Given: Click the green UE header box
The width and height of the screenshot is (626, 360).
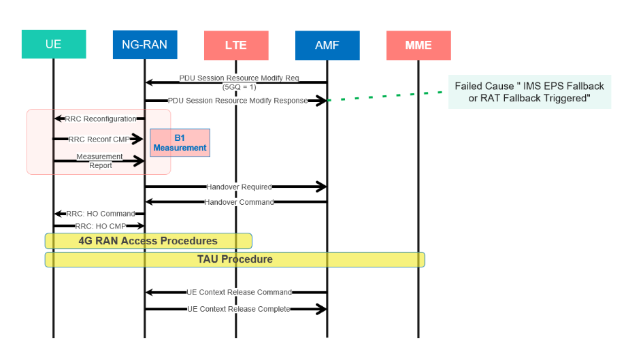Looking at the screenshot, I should tap(54, 45).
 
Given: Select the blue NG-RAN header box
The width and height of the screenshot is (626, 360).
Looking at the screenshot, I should tap(145, 45).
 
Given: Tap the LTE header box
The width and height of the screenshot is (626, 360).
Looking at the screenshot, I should tap(236, 46).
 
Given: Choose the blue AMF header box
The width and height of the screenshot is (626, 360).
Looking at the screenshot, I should tap(327, 46).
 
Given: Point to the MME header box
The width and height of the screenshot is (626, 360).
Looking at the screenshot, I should tap(418, 46).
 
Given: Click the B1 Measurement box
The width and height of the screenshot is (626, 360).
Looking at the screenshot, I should tap(180, 143).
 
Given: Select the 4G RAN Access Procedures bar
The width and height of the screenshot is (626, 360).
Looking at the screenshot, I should tap(148, 241).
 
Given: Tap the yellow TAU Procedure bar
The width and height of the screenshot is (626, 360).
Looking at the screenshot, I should tap(235, 259).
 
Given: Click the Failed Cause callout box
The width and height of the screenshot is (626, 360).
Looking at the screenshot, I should tap(529, 93).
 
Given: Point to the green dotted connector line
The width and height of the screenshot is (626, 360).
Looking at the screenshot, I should tap(388, 96).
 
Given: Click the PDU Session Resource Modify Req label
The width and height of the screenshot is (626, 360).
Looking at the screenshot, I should tap(239, 78).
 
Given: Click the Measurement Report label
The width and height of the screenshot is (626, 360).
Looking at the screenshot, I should tap(99, 161).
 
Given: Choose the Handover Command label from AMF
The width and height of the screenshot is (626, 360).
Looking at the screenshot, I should tap(239, 202).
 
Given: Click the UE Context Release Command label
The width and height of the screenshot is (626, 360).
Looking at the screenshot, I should tap(239, 292).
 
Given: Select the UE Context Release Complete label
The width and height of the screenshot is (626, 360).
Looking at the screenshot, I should tap(239, 309).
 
